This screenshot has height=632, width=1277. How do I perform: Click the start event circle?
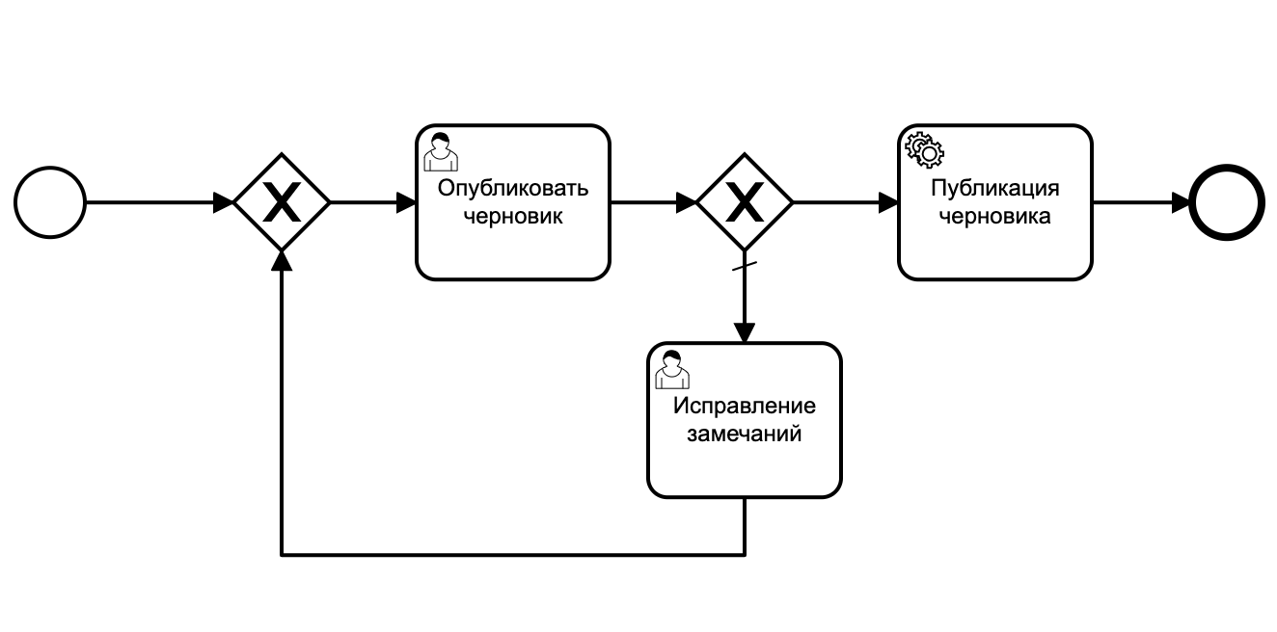(50, 203)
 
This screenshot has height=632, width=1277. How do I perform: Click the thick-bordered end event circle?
(1226, 203)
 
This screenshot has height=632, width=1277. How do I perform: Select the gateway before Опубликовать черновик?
(282, 203)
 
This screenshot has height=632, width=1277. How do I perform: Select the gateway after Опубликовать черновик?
(745, 203)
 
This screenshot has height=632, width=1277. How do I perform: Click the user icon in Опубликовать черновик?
(440, 152)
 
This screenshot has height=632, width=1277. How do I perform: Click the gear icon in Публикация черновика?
(923, 149)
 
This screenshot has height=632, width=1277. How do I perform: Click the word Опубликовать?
(512, 188)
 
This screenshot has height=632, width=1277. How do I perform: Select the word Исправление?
(744, 405)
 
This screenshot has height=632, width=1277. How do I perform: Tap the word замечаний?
(744, 434)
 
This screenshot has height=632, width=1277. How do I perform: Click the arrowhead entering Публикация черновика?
(887, 203)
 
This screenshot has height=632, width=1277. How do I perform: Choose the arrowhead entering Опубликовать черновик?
(405, 203)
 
